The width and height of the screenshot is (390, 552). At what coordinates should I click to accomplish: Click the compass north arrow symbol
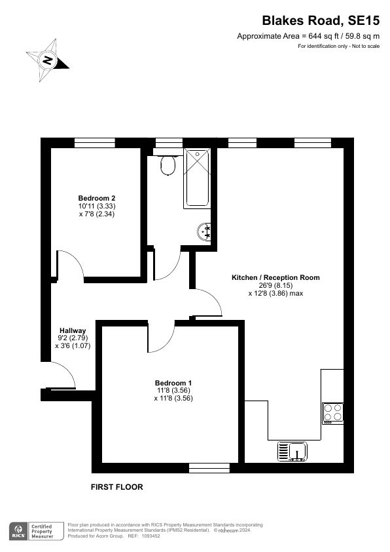[x=48, y=60]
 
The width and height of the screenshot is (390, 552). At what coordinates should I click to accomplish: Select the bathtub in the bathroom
[x=197, y=178]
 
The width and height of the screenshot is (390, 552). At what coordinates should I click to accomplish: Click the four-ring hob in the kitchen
[x=332, y=412]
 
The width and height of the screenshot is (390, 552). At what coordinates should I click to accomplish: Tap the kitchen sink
[x=292, y=452]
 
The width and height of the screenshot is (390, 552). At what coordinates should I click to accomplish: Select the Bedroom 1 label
[x=173, y=382]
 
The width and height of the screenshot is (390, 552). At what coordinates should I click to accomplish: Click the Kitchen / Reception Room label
[x=275, y=277]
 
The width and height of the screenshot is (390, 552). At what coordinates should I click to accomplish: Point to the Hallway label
[x=73, y=330]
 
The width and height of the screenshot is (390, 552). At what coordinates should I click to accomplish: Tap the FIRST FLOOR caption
[x=116, y=487]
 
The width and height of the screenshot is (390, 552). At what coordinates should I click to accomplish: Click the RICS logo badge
[x=17, y=530]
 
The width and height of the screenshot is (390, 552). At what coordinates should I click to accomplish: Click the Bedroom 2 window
[x=95, y=142]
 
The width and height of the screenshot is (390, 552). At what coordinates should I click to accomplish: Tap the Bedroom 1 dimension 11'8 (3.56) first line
[x=173, y=390]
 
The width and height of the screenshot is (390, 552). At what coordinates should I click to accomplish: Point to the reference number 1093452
[x=150, y=535]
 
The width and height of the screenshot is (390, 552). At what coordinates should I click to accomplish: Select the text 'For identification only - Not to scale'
[x=338, y=46]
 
